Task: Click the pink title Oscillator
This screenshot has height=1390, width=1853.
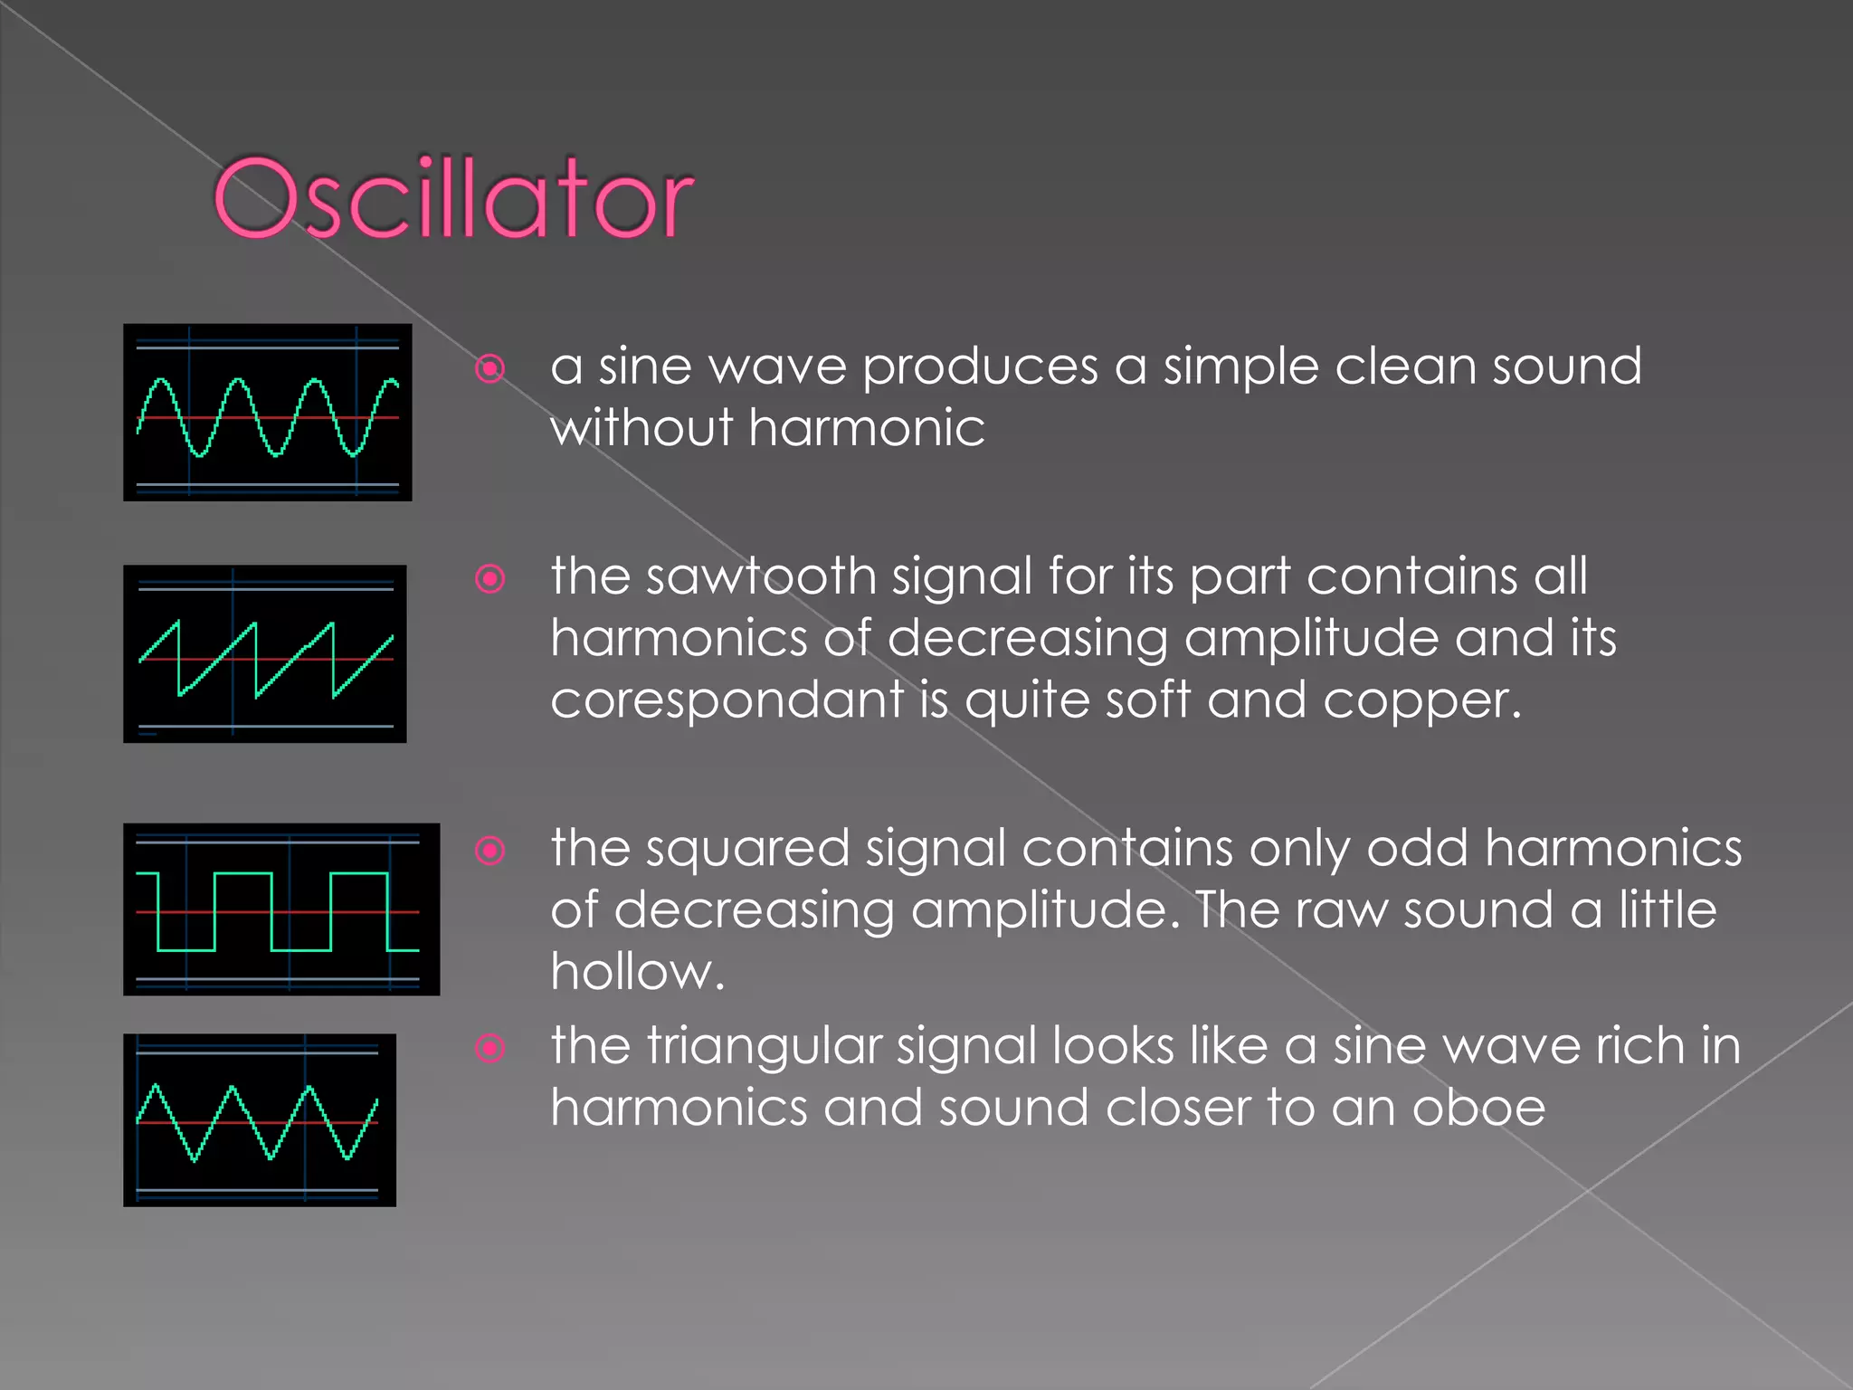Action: click(452, 198)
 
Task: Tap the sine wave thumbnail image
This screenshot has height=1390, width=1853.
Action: click(268, 413)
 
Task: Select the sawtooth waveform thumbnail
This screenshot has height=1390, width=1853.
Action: click(265, 654)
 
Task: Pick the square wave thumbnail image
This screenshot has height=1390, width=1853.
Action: click(281, 909)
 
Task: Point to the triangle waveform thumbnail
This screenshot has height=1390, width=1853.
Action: click(260, 1120)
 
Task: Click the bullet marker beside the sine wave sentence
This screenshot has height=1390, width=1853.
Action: click(490, 368)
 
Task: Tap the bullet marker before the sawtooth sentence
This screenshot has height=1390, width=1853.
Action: click(490, 578)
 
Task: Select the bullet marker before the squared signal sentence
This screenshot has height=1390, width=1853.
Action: click(490, 850)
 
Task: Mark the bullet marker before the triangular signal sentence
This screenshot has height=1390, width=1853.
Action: click(490, 1048)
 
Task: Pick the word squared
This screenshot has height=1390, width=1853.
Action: click(747, 851)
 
